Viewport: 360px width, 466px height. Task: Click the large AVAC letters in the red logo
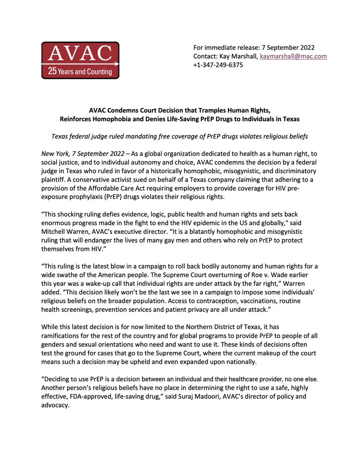point(80,54)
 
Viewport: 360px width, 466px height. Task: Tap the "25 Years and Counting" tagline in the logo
point(80,71)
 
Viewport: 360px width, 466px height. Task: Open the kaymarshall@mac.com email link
point(294,56)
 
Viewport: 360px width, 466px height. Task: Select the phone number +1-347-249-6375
point(218,65)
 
